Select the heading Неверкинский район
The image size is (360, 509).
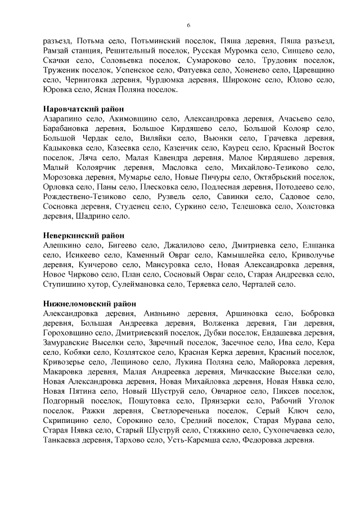point(83,235)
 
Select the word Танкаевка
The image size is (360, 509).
point(65,440)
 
